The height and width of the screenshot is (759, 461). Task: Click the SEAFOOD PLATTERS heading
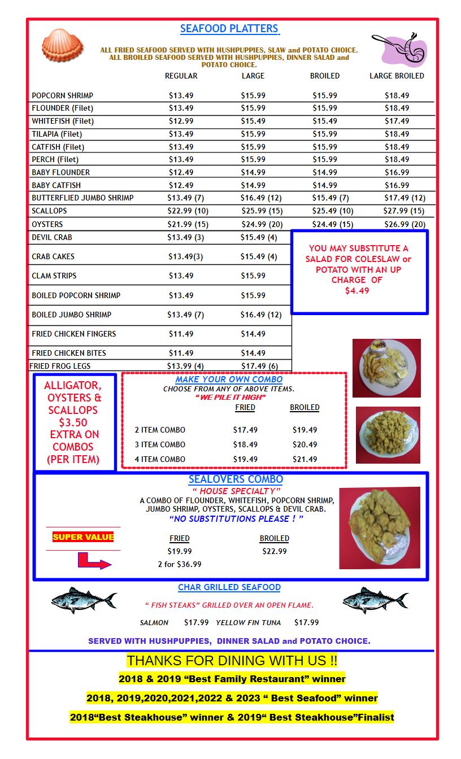[229, 29]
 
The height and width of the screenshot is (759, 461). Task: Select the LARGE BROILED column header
[397, 76]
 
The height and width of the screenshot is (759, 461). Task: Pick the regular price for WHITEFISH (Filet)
[181, 121]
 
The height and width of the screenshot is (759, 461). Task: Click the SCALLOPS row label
[49, 211]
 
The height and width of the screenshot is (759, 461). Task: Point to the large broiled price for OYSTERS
[405, 224]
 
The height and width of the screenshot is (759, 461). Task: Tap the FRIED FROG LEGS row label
[60, 366]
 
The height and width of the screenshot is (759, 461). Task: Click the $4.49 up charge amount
[356, 291]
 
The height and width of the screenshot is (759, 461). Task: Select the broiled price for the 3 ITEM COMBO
[305, 444]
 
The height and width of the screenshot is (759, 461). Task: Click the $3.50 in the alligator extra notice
[73, 422]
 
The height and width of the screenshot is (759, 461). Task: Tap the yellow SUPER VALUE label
[83, 537]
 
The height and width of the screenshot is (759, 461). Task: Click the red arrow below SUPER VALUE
[94, 561]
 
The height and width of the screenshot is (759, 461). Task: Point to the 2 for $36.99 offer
[180, 564]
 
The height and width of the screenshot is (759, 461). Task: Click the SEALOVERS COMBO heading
[236, 479]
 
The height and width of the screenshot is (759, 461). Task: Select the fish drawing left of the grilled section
[84, 600]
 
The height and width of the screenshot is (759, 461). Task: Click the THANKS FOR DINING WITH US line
[232, 660]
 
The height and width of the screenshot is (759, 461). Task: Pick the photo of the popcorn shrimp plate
[388, 435]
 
